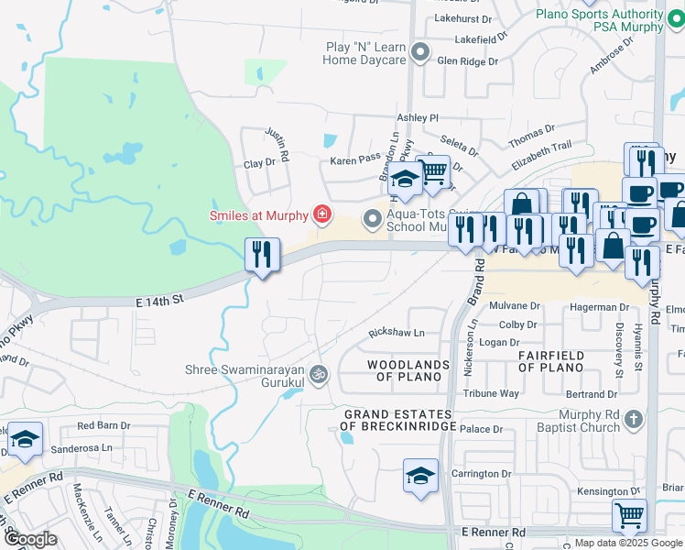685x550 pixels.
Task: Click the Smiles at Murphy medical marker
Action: click(321, 215)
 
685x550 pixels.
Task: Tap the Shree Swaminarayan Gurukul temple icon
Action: click(319, 373)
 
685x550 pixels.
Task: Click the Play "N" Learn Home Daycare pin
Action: click(420, 52)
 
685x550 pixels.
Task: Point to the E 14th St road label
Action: click(161, 299)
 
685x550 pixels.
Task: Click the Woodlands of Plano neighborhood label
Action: click(408, 370)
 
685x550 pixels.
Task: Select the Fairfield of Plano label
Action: click(549, 361)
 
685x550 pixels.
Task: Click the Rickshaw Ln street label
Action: click(397, 333)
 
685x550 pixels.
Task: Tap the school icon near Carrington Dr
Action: click(420, 476)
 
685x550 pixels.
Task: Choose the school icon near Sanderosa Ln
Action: click(26, 439)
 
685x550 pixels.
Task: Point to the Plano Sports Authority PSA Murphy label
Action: click(600, 20)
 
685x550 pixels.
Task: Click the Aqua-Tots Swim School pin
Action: click(372, 219)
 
